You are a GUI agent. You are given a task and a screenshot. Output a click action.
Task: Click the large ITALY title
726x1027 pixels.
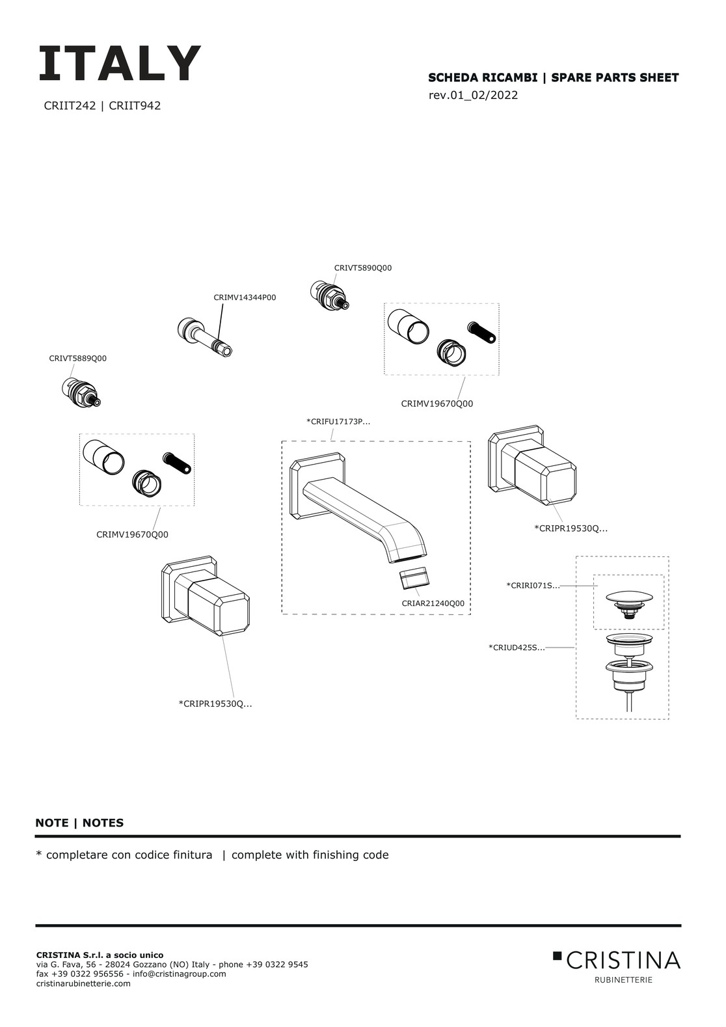(120, 64)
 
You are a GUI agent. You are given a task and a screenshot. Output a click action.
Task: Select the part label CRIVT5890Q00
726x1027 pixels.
(362, 268)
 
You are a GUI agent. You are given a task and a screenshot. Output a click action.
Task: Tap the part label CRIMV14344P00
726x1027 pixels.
(245, 297)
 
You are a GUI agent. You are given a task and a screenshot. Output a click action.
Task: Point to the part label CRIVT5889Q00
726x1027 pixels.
(77, 359)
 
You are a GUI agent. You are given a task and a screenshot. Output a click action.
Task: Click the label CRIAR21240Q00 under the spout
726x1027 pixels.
(433, 603)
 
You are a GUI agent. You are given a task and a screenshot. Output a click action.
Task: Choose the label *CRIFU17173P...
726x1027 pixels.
(338, 422)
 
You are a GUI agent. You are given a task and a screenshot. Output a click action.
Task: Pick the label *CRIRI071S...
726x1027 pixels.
(532, 586)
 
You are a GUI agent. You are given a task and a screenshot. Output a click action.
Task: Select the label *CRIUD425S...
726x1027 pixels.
(517, 648)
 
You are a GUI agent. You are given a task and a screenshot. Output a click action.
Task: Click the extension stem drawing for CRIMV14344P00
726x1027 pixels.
(203, 336)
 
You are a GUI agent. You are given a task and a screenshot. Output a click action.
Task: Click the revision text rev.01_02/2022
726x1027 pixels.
(473, 96)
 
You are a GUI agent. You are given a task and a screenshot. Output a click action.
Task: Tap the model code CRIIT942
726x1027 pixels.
(135, 105)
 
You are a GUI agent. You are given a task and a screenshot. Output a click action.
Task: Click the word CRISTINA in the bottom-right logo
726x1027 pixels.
(623, 960)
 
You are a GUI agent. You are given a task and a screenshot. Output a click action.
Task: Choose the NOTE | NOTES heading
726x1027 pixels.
(79, 823)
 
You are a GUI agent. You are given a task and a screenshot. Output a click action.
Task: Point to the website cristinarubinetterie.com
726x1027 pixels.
(83, 983)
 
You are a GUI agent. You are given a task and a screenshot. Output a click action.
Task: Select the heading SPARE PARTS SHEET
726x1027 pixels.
(614, 78)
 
